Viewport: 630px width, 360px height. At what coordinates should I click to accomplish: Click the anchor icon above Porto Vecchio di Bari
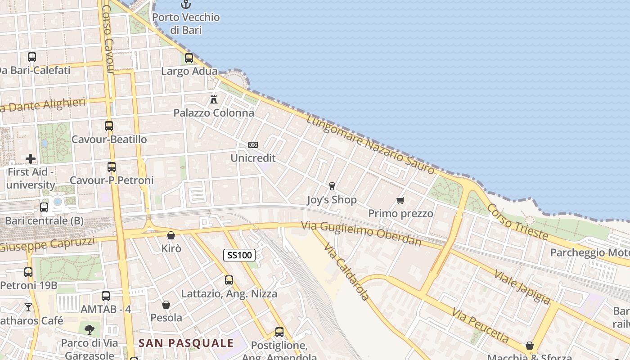tap(186, 4)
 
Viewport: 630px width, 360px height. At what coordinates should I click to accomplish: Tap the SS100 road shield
tap(239, 255)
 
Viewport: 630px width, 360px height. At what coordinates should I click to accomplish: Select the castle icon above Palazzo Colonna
tap(214, 99)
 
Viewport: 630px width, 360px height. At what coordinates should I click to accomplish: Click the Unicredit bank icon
tap(253, 145)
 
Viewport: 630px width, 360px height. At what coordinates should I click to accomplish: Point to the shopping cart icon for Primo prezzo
tap(400, 200)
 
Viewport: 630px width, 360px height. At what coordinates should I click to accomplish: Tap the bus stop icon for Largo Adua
tap(189, 58)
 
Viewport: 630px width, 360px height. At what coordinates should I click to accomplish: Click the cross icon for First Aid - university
tap(31, 159)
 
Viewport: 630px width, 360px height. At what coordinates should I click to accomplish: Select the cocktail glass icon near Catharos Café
tap(28, 307)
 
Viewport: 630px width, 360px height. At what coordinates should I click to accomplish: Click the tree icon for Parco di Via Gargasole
tap(90, 329)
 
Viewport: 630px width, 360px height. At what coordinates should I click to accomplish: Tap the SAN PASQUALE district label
tap(186, 343)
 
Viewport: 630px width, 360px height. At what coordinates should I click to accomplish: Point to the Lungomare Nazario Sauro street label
tap(371, 144)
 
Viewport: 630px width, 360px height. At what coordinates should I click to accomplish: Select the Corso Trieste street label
tap(517, 221)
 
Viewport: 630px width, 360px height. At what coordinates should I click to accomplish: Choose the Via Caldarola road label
tap(346, 273)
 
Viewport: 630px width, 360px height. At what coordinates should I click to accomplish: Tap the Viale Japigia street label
tap(522, 287)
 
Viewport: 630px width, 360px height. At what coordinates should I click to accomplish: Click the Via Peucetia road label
tap(481, 325)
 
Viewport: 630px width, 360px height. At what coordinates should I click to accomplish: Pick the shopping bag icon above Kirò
tap(171, 235)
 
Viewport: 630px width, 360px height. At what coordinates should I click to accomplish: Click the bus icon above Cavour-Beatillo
tap(109, 126)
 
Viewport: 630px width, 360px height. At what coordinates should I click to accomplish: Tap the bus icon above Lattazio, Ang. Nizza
tap(229, 280)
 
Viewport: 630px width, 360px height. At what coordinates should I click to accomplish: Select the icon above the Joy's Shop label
tap(332, 186)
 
